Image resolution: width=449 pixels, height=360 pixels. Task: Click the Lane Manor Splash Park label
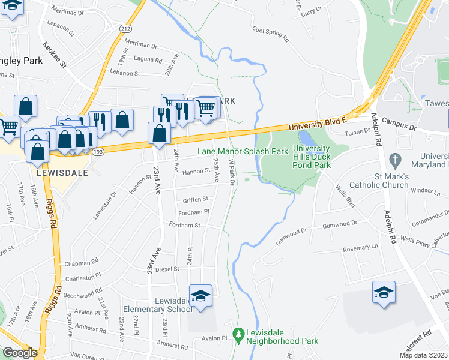(x=243, y=152)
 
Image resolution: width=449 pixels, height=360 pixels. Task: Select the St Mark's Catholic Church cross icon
(x=394, y=161)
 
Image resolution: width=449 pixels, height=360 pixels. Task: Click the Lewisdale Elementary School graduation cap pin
(x=200, y=295)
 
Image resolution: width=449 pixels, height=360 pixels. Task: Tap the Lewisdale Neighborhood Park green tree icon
(x=239, y=332)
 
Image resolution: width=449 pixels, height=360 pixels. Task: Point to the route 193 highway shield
(x=98, y=152)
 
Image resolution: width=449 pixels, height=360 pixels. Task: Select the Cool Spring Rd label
(x=271, y=33)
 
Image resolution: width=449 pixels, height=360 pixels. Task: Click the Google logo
(x=20, y=353)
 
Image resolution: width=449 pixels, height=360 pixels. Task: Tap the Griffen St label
(x=196, y=199)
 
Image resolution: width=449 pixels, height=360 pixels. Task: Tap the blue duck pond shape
(x=303, y=140)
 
